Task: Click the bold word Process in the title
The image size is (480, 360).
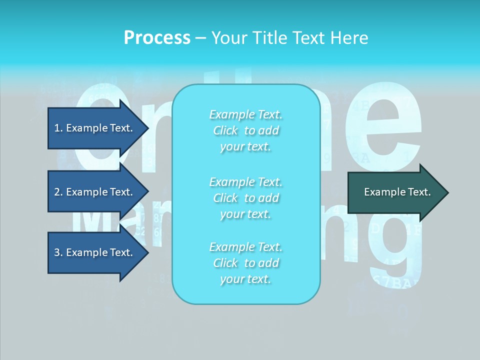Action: click(157, 37)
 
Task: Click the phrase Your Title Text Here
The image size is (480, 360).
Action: click(289, 37)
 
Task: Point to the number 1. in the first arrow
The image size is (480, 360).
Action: click(58, 128)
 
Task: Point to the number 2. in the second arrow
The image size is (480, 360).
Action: click(58, 192)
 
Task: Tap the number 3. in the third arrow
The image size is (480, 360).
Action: click(58, 252)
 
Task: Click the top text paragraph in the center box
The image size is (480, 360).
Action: click(245, 130)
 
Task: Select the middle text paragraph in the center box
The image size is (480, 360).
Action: click(245, 198)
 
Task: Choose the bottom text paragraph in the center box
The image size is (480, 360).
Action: click(245, 263)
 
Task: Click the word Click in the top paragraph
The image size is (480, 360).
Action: click(225, 130)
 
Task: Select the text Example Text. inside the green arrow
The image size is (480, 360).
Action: click(397, 192)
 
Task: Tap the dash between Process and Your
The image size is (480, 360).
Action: click(200, 38)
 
